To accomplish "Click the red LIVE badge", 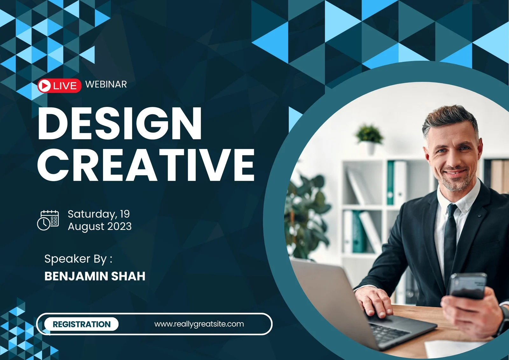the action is coord(59,86).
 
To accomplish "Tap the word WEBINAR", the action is coord(106,84).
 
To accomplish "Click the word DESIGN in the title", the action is coord(120,123).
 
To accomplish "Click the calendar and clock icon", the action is coord(48,220).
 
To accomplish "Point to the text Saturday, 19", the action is coord(99,214).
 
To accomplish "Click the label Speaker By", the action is coord(78,259).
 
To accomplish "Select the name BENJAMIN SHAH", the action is coord(95,276).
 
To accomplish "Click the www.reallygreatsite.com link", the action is coord(199,324).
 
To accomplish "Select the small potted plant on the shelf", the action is coord(369,138).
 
